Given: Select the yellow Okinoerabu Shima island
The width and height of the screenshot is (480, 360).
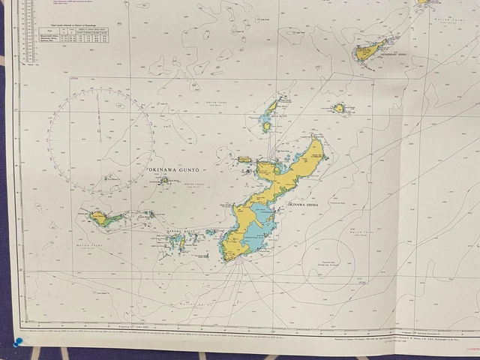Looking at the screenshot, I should coord(368,50).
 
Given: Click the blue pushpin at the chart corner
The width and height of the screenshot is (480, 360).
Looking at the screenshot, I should coord(17,343).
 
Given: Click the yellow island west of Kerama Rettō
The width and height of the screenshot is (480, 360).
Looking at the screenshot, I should coord(100,218).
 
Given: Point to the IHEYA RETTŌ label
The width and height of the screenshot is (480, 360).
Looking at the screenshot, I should coord(278,117).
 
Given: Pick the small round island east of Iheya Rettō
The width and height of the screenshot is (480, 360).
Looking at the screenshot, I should coord(339,108).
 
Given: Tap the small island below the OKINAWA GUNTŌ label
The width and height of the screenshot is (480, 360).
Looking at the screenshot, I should coord(163,180).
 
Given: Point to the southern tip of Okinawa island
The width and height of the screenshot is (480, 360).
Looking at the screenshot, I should coord(234,259).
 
